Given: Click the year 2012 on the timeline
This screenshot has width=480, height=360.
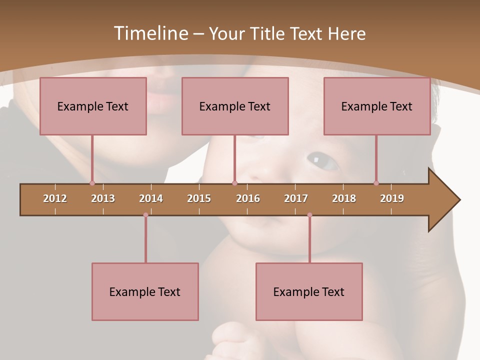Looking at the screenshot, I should pyautogui.click(x=55, y=198).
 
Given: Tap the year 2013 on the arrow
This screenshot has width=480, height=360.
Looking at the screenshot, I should pyautogui.click(x=103, y=198).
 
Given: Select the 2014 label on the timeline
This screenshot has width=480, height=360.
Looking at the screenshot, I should pyautogui.click(x=151, y=198).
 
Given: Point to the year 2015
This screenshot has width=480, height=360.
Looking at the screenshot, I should pyautogui.click(x=199, y=198).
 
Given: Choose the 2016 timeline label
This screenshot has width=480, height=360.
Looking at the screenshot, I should pyautogui.click(x=248, y=198).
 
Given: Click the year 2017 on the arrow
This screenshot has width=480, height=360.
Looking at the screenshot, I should pyautogui.click(x=296, y=198).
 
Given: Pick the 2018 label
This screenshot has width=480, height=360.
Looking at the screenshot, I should pyautogui.click(x=344, y=198).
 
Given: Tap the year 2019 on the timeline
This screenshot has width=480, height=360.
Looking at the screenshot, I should pyautogui.click(x=392, y=198).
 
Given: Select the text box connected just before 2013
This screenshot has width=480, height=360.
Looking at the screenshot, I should pyautogui.click(x=93, y=106).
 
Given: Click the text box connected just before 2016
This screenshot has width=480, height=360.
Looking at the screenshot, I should pyautogui.click(x=235, y=106).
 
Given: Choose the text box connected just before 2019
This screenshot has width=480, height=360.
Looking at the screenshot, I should pyautogui.click(x=377, y=106).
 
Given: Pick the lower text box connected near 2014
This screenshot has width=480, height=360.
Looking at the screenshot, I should pyautogui.click(x=145, y=291).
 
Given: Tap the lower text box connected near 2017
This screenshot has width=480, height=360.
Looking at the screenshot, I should pyautogui.click(x=309, y=291).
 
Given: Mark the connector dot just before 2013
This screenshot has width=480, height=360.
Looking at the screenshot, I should pyautogui.click(x=92, y=183).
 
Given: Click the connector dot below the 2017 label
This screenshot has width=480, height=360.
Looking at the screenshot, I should pyautogui.click(x=309, y=215).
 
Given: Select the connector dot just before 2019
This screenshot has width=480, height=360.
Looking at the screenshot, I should pyautogui.click(x=376, y=183).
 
